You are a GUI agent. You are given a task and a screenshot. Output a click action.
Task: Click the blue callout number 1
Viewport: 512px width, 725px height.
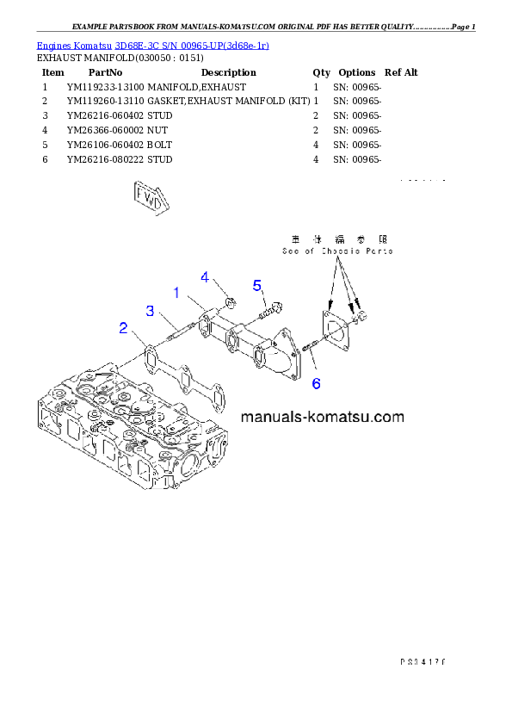pyautogui.click(x=176, y=293)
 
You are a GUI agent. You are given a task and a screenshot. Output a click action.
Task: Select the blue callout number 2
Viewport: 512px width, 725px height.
pyautogui.click(x=124, y=327)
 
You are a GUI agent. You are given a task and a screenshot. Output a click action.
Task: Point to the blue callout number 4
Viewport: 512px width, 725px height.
pyautogui.click(x=205, y=276)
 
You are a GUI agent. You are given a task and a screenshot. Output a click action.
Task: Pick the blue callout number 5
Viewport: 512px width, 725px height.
pyautogui.click(x=256, y=285)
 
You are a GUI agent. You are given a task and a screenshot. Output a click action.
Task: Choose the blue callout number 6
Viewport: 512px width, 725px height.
pyautogui.click(x=316, y=383)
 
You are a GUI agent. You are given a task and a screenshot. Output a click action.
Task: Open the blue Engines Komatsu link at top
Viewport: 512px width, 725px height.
pyautogui.click(x=152, y=45)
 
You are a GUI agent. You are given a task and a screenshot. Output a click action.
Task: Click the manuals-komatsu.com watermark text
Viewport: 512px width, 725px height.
pyautogui.click(x=322, y=418)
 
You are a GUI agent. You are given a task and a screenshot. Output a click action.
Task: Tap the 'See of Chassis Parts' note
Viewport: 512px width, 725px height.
pyautogui.click(x=337, y=251)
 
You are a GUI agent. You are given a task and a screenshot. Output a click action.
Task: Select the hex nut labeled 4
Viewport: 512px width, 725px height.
pyautogui.click(x=230, y=301)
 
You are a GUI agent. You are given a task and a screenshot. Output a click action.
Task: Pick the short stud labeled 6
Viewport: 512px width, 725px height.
pyautogui.click(x=312, y=346)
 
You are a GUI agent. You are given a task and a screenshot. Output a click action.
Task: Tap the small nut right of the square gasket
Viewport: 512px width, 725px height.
pyautogui.click(x=361, y=319)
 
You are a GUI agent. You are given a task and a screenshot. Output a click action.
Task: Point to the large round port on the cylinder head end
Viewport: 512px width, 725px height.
pyautogui.click(x=188, y=466)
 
